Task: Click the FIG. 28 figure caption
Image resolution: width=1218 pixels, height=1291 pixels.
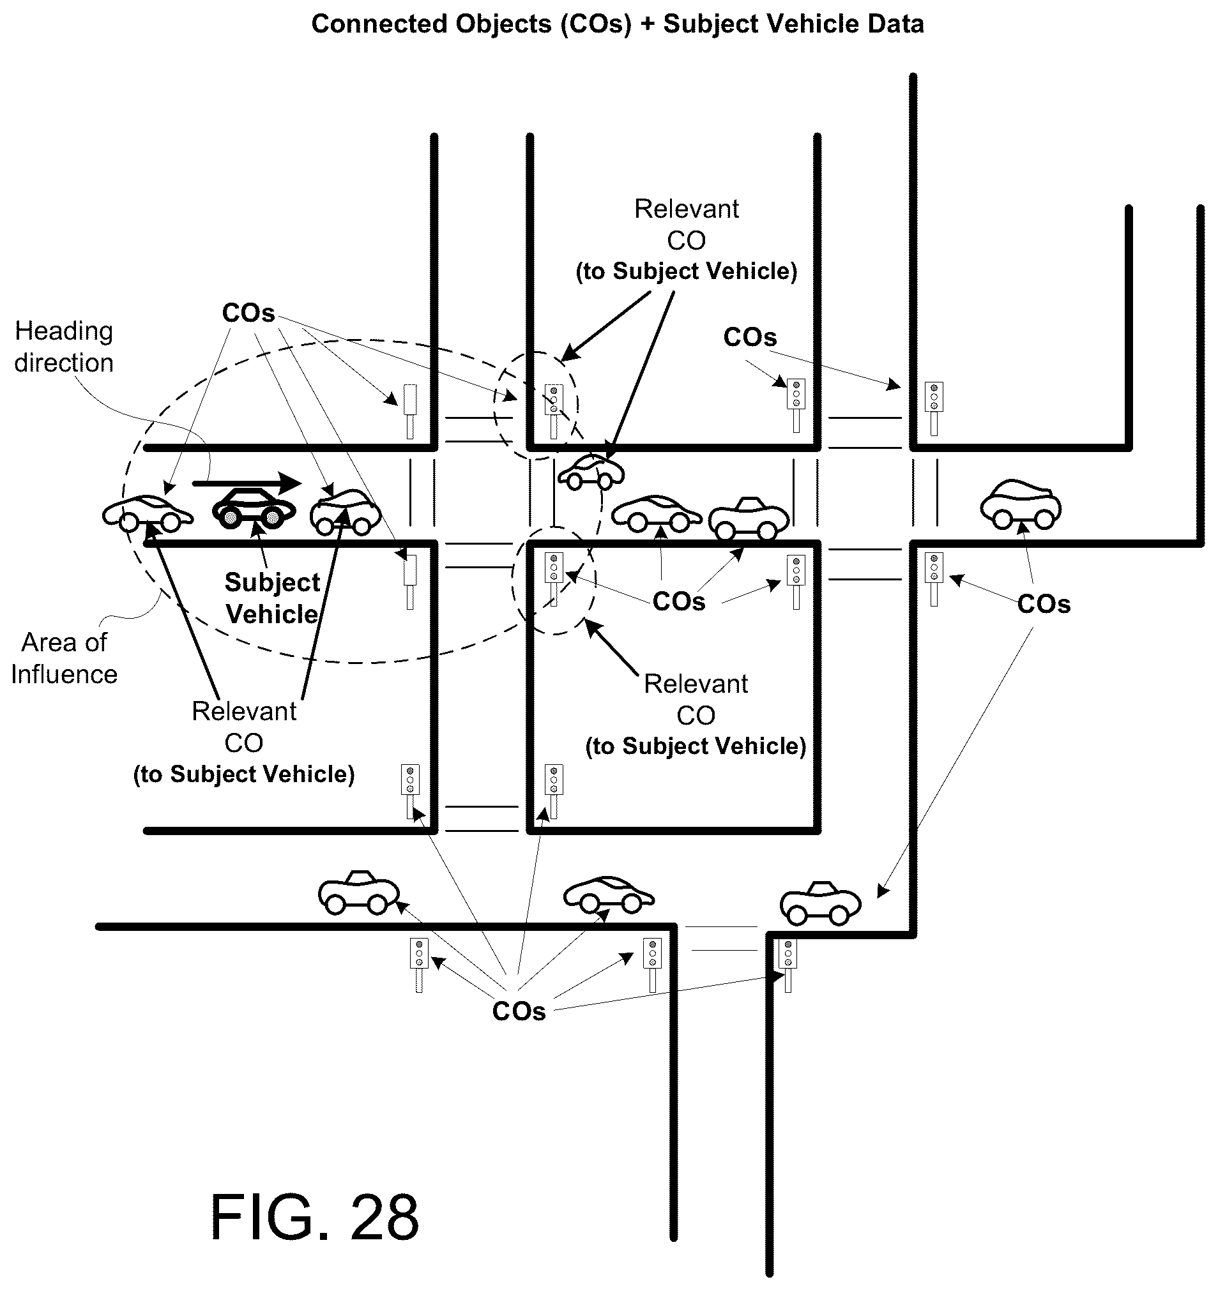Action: point(314,1218)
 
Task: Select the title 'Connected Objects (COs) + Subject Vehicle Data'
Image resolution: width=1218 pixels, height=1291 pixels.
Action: point(617,24)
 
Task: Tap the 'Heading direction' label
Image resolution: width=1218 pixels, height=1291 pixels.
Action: point(64,347)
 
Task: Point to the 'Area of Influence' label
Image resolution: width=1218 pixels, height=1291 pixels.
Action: point(65,658)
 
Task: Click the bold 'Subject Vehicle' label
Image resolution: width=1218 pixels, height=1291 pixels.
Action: point(272,598)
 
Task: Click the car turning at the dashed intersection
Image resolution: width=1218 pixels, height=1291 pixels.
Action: point(591,471)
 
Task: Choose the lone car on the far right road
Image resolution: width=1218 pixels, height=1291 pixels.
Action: point(1021,504)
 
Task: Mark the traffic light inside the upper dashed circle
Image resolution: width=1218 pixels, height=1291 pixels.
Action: point(554,411)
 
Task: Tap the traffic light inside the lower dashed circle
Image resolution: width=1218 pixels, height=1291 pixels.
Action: point(554,578)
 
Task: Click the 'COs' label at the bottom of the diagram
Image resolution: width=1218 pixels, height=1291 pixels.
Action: point(519,1011)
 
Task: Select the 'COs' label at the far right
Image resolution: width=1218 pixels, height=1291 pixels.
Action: point(1044,604)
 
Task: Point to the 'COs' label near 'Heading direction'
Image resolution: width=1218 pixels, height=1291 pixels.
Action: point(249,313)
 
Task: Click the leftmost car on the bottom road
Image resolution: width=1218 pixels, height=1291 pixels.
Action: point(358,892)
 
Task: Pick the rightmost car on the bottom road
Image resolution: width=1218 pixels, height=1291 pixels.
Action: point(821,903)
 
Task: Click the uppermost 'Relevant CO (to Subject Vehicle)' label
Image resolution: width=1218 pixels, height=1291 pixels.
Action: point(687,240)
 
